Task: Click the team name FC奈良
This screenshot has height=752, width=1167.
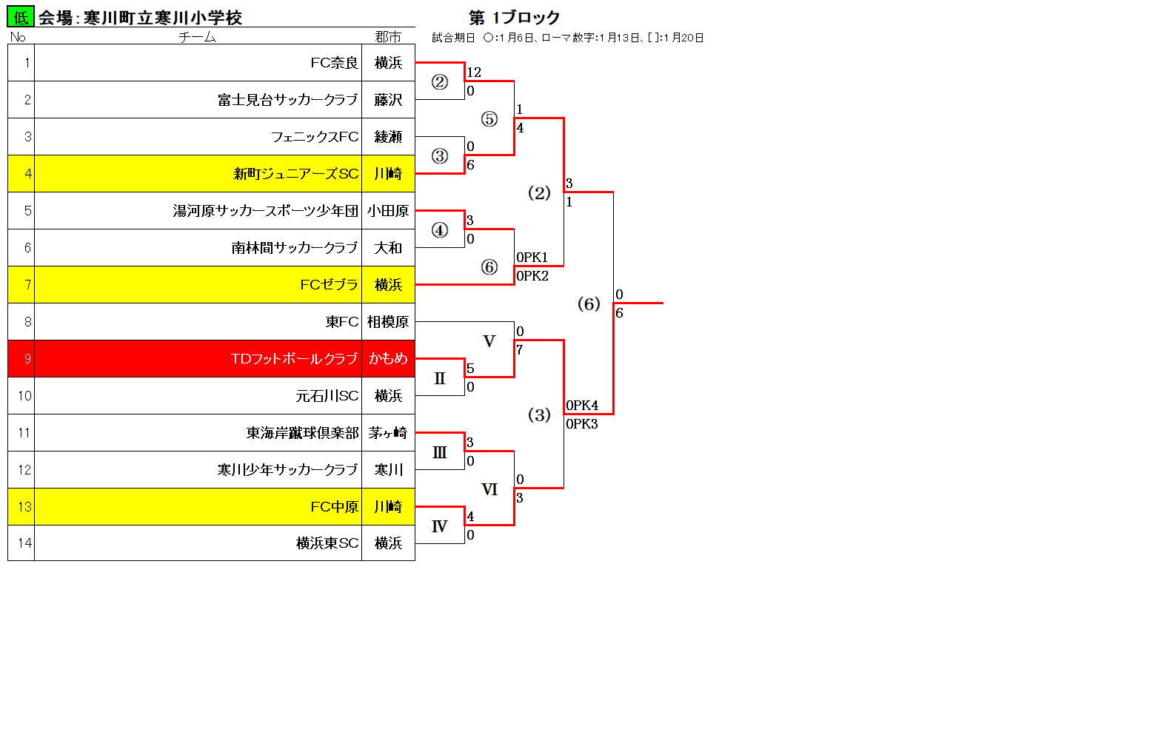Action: pyautogui.click(x=334, y=63)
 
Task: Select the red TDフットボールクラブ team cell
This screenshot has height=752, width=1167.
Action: pyautogui.click(x=198, y=359)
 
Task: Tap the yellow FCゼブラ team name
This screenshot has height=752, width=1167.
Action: pyautogui.click(x=329, y=285)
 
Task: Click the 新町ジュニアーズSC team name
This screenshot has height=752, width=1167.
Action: pyautogui.click(x=296, y=174)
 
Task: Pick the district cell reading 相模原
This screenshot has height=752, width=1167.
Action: pyautogui.click(x=388, y=322)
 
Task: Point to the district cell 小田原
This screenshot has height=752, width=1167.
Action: pyautogui.click(x=388, y=211)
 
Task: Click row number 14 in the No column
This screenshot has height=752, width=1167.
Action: pyautogui.click(x=24, y=543)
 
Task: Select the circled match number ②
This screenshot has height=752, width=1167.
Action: pyautogui.click(x=440, y=81)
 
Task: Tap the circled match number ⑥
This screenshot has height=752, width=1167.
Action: pyautogui.click(x=489, y=267)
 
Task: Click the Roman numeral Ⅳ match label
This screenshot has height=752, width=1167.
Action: pyautogui.click(x=439, y=526)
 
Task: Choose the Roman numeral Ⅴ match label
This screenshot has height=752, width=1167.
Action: pyautogui.click(x=489, y=341)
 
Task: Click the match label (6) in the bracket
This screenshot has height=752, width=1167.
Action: pyautogui.click(x=589, y=303)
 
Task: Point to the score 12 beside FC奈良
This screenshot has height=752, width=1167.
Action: pyautogui.click(x=474, y=73)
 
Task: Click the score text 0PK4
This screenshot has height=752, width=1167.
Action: pyautogui.click(x=582, y=405)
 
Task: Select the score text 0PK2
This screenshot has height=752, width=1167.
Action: pyautogui.click(x=532, y=276)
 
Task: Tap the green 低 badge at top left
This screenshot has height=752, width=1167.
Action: pyautogui.click(x=21, y=17)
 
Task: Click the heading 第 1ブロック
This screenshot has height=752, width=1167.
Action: pyautogui.click(x=514, y=18)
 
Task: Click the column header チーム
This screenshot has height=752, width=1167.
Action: pyautogui.click(x=197, y=37)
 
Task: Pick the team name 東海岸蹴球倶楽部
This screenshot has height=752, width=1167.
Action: pyautogui.click(x=302, y=433)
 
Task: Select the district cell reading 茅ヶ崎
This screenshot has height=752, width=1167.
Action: pyautogui.click(x=388, y=433)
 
